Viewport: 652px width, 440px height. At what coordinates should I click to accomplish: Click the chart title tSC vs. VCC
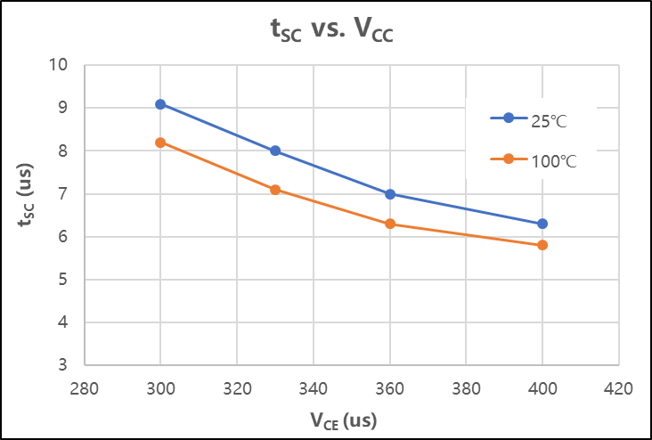[x=331, y=30]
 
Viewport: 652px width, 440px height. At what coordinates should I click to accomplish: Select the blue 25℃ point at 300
[x=160, y=104]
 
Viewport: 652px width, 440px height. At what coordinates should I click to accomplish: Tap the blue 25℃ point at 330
[x=275, y=151]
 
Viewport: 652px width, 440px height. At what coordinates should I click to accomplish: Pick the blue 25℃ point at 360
[x=390, y=194]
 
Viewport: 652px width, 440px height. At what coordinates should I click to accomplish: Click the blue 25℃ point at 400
[x=542, y=224]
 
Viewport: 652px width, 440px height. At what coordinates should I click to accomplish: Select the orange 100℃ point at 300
[x=160, y=143]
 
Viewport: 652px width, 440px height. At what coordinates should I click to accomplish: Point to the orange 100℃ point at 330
[x=275, y=190]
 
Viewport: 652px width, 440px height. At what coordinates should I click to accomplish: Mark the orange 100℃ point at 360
[x=390, y=224]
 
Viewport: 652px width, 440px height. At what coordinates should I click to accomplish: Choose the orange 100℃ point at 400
[x=542, y=245]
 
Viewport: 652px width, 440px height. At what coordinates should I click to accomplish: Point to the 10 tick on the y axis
[x=59, y=65]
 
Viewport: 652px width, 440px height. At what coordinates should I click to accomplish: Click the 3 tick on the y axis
[x=63, y=365]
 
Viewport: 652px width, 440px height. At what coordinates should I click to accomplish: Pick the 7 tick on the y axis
[x=63, y=194]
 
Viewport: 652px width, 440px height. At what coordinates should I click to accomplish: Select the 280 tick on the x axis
[x=84, y=388]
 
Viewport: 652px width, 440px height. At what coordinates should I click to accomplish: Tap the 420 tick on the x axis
[x=618, y=388]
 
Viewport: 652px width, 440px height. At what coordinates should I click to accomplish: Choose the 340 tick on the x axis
[x=313, y=388]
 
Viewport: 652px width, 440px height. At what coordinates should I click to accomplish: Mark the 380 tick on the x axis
[x=466, y=388]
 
